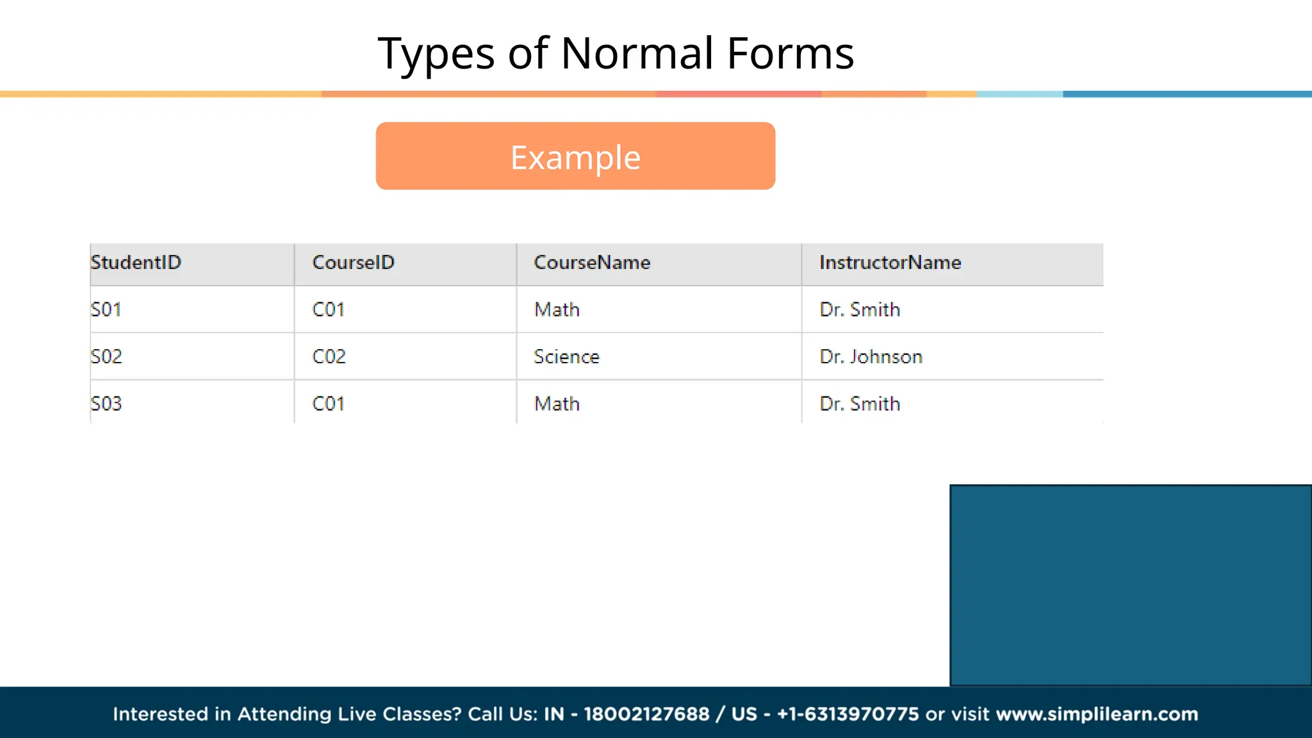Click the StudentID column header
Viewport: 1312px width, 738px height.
[x=136, y=263]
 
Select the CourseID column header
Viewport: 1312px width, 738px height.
[x=353, y=263]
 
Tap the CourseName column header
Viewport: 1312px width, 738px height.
[x=592, y=263]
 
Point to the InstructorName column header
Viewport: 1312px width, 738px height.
[x=890, y=263]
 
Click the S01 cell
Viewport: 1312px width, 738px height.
[x=106, y=310]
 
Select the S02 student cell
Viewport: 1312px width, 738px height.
[x=106, y=357]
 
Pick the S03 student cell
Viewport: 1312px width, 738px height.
[x=106, y=404]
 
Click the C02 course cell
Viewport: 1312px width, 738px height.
[x=329, y=357]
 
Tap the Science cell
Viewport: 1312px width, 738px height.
[x=566, y=357]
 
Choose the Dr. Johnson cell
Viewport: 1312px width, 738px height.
[x=871, y=357]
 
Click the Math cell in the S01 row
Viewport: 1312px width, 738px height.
[x=557, y=310]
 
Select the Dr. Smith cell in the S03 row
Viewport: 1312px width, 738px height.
[x=860, y=404]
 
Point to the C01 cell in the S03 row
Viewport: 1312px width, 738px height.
[x=328, y=404]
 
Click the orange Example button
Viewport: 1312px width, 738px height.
[x=575, y=156]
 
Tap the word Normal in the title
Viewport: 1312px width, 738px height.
[x=637, y=53]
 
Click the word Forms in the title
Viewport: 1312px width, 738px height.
[x=791, y=53]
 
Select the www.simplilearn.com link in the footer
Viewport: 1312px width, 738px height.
[x=1097, y=714]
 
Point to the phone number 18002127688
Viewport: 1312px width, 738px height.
[x=646, y=714]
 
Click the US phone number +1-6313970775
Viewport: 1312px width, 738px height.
[x=848, y=714]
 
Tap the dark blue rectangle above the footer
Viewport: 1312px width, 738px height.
[x=1130, y=585]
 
